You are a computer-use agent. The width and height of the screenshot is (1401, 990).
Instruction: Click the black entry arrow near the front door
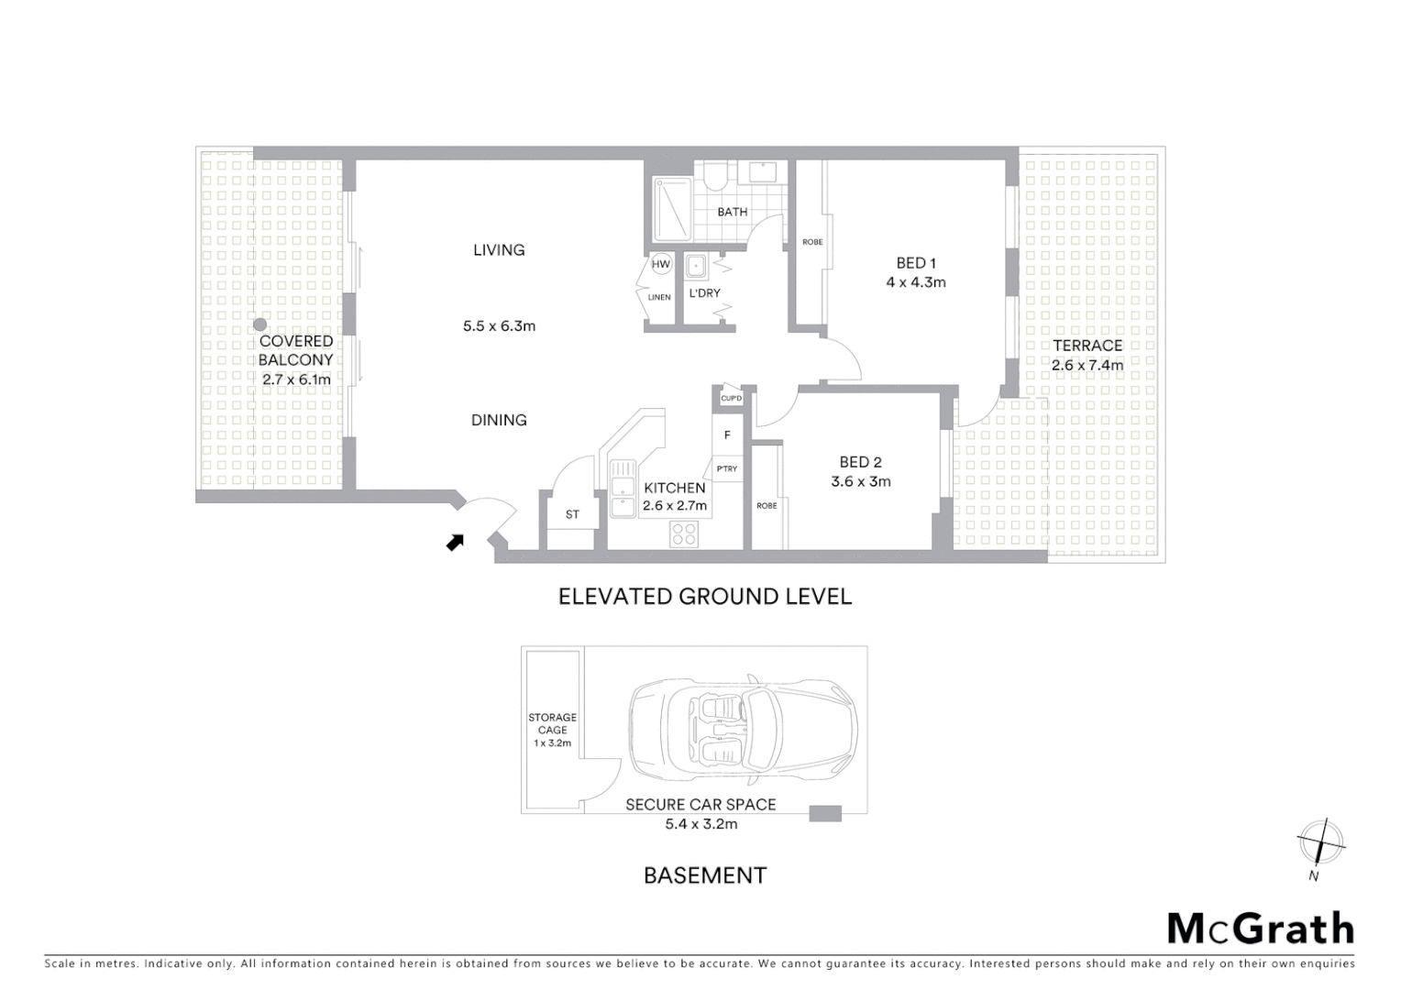point(455,543)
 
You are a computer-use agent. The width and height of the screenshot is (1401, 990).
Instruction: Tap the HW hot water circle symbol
point(660,264)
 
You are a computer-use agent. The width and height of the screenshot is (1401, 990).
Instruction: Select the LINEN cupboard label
point(659,297)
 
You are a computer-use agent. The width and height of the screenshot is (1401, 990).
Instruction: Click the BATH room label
point(732,212)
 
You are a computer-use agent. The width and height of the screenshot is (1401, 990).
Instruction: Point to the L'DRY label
point(704,293)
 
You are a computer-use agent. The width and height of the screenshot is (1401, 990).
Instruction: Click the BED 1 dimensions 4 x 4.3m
point(915,282)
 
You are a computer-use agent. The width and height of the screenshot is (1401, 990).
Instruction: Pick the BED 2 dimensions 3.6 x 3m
point(860,481)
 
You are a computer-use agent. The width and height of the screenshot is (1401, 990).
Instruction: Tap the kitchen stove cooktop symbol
point(684,533)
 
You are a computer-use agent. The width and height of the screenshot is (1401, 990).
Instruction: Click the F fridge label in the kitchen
point(727,435)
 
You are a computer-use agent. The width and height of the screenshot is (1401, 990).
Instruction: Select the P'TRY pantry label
point(726,469)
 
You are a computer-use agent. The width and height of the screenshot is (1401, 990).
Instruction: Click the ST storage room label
point(572,514)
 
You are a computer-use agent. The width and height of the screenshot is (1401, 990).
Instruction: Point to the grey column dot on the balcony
point(260,324)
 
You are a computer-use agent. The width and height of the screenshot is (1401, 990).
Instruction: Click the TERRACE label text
point(1087,346)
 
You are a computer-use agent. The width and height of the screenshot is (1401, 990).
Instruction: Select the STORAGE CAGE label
point(552,723)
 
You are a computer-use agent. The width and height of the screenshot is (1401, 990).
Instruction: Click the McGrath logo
point(1260,929)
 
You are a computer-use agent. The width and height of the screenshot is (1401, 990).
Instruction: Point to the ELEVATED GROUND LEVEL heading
point(704,597)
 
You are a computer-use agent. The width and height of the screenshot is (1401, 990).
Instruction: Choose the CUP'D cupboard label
point(731,399)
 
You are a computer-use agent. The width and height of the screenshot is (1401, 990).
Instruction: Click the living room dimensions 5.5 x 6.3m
point(499,325)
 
